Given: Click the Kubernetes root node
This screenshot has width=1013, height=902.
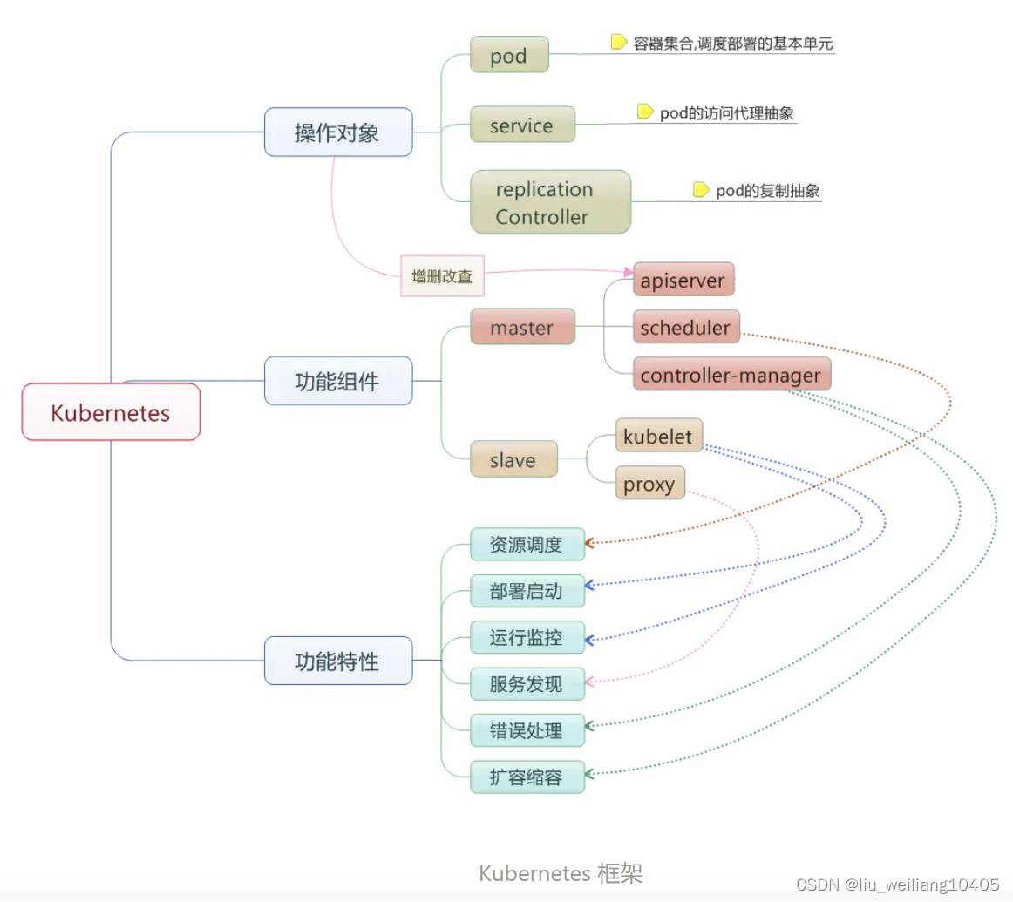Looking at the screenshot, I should tap(111, 412).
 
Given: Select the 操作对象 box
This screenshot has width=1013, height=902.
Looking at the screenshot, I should tap(337, 132).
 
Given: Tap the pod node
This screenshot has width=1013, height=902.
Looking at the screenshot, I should tap(509, 55).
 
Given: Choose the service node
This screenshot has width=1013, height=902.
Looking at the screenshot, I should tap(522, 125).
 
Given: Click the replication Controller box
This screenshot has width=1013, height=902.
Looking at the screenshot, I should tap(550, 202).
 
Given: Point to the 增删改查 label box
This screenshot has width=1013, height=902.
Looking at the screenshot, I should tap(442, 276).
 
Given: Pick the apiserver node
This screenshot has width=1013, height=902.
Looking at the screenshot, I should tap(683, 280).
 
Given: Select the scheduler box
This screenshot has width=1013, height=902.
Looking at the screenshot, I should tap(686, 327).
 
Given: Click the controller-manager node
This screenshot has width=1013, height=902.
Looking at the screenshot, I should tap(731, 375).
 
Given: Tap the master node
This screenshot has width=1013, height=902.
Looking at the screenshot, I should tap(522, 327).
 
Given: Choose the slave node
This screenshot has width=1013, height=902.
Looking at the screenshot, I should tap(513, 459).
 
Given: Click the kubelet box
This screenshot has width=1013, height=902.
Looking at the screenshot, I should tap(658, 436).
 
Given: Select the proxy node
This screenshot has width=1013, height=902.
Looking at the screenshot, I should tap(649, 483).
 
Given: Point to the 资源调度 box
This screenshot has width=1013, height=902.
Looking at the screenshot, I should tap(527, 545).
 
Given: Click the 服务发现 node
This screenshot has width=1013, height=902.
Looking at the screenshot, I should tap(527, 684).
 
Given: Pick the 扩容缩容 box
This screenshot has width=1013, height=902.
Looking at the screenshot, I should tap(527, 777).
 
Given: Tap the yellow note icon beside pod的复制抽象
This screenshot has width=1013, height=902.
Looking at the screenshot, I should tap(701, 190).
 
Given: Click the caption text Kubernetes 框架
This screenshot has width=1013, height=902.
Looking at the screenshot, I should tap(561, 872).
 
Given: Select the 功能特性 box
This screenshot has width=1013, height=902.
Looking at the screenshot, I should tap(337, 661).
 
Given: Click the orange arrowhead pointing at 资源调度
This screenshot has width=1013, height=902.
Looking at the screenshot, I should tap(589, 543).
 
